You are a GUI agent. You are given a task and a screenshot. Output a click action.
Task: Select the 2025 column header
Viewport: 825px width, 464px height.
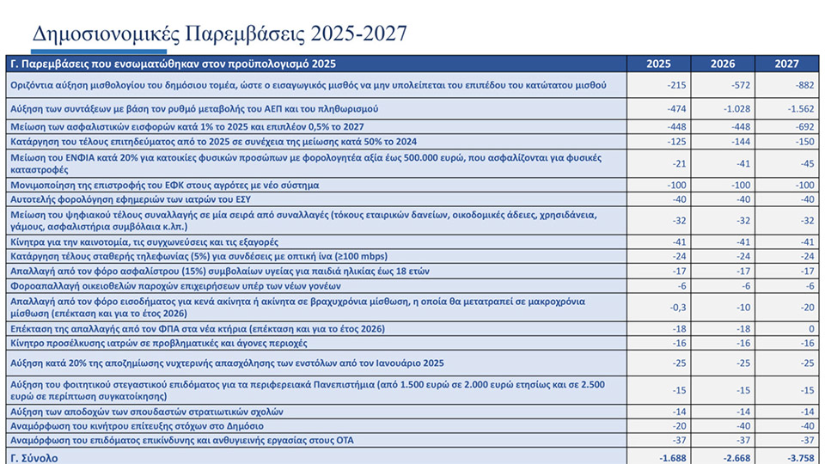click(x=658, y=64)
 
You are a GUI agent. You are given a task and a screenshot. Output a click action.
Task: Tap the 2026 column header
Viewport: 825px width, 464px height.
click(x=723, y=64)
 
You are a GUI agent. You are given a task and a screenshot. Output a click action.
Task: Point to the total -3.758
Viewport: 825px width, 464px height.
click(x=791, y=458)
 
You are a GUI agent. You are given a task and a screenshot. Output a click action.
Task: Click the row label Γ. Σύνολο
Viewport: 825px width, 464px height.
click(x=34, y=458)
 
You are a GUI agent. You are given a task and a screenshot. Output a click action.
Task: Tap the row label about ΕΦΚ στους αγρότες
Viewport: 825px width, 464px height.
click(x=163, y=185)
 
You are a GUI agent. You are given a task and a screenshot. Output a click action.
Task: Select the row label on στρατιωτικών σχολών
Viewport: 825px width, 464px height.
click(x=145, y=412)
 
